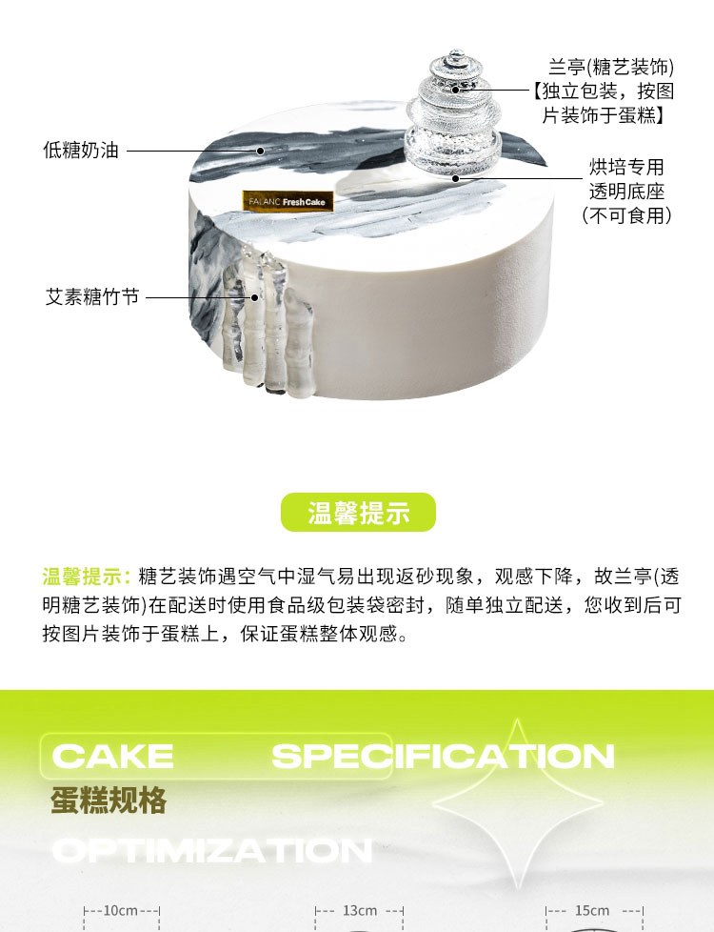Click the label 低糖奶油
click(81, 151)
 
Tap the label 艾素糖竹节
click(92, 296)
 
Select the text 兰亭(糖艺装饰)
click(610, 67)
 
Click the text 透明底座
click(626, 192)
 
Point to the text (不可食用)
click(626, 215)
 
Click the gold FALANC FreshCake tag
click(288, 201)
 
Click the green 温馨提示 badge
click(358, 513)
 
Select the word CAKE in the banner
click(113, 756)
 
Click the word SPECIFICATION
click(443, 756)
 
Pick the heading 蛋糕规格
click(109, 800)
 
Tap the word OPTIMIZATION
click(212, 851)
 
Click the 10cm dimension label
click(121, 911)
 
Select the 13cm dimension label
click(360, 911)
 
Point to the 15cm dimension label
click(592, 911)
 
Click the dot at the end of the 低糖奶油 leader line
click(260, 151)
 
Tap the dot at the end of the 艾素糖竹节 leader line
click(256, 297)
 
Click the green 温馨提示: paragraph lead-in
click(87, 577)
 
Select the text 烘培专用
click(626, 167)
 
